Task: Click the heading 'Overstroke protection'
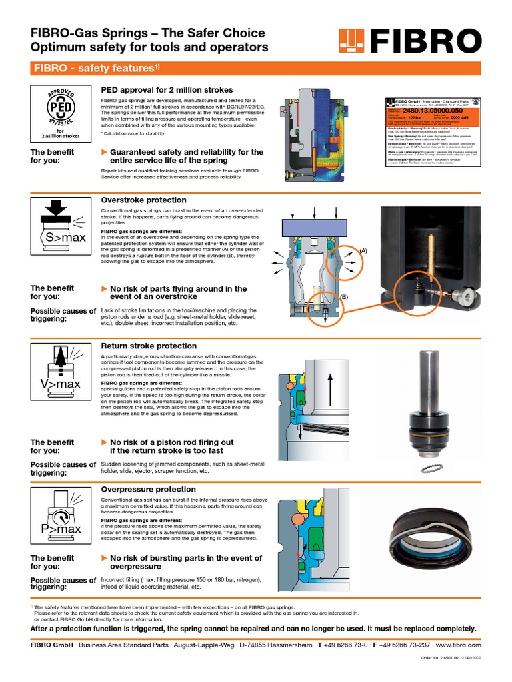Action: (143, 200)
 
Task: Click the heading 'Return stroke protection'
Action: (149, 346)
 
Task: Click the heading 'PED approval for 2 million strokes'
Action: (167, 90)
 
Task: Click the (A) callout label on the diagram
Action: (364, 250)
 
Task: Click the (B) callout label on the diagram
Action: (345, 296)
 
